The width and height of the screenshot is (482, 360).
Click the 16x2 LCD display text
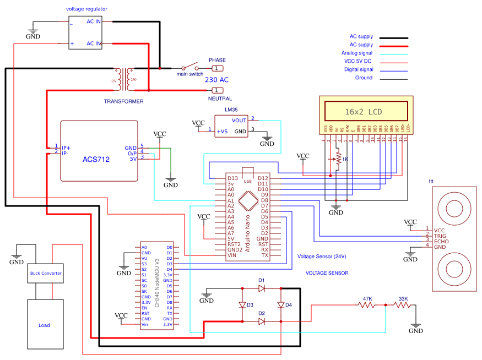click(x=363, y=111)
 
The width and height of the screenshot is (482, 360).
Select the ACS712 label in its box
click(x=96, y=160)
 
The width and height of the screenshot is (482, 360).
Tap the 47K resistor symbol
click(x=367, y=306)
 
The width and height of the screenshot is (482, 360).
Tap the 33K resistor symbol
click(x=403, y=306)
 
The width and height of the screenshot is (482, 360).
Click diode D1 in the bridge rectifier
click(x=262, y=288)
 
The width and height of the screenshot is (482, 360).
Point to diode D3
click(x=242, y=304)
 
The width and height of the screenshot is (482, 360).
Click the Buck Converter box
click(x=46, y=273)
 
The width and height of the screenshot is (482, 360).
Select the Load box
click(x=44, y=324)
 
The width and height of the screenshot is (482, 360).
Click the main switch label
click(x=189, y=74)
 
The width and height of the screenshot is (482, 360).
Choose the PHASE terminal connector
click(x=218, y=68)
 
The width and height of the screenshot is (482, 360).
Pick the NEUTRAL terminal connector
click(x=218, y=90)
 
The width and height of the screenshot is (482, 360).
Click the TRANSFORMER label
click(x=123, y=101)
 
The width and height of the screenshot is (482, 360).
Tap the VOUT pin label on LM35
click(x=239, y=120)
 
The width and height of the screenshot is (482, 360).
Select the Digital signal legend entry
click(x=358, y=69)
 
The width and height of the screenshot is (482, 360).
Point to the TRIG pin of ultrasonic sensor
click(x=439, y=236)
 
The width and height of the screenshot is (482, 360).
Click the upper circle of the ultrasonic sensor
click(x=454, y=208)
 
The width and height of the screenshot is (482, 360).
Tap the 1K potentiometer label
click(x=345, y=159)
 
